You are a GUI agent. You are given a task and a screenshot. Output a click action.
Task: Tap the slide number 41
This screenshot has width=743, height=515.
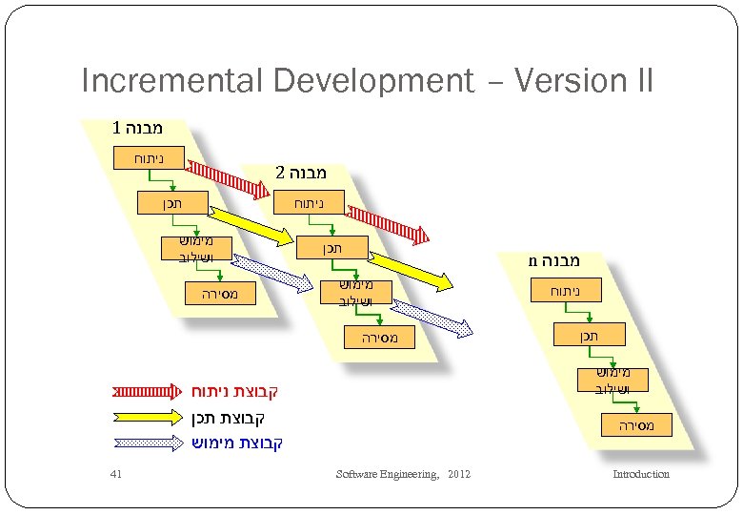pos(116,474)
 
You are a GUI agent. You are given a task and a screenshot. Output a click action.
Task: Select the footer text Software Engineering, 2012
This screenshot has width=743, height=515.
pos(404,474)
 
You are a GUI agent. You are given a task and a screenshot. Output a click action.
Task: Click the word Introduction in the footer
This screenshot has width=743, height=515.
pos(640,474)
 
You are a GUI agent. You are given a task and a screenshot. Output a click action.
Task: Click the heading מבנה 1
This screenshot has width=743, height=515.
pos(137,127)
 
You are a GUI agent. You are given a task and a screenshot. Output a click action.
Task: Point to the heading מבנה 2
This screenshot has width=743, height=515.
pos(301,174)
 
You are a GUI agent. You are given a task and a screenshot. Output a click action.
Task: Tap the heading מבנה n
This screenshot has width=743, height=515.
pos(554,259)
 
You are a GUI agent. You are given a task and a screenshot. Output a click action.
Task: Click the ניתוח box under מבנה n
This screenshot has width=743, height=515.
pos(567,290)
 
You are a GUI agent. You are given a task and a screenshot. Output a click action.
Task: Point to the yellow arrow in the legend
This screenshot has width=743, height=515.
pos(146,417)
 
